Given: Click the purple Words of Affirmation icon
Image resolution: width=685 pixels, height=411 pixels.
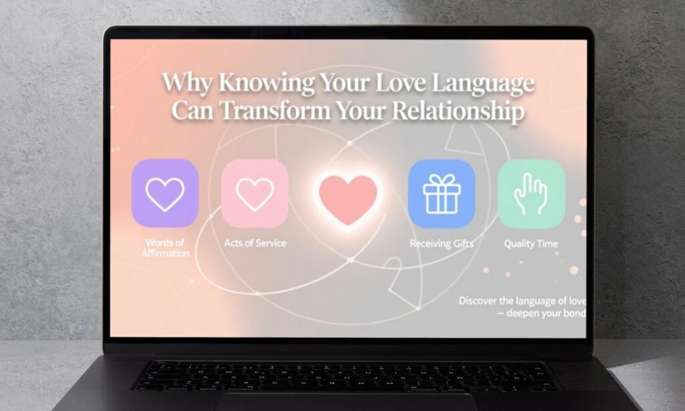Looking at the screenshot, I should pyautogui.click(x=165, y=193).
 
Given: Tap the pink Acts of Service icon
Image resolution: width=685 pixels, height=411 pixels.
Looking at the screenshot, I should pyautogui.click(x=255, y=193).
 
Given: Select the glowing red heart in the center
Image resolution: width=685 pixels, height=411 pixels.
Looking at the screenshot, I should pyautogui.click(x=347, y=197).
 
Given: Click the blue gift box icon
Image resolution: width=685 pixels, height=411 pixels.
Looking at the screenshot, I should pyautogui.click(x=441, y=193).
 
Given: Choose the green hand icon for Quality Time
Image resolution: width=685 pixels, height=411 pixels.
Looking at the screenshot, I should pyautogui.click(x=531, y=193).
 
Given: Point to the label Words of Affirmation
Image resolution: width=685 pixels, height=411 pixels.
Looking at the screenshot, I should pyautogui.click(x=165, y=248).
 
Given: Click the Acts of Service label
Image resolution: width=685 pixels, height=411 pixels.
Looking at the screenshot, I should pyautogui.click(x=255, y=243).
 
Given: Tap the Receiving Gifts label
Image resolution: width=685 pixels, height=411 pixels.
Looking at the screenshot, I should pyautogui.click(x=441, y=244).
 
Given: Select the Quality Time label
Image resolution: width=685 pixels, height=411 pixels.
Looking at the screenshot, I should pyautogui.click(x=530, y=244).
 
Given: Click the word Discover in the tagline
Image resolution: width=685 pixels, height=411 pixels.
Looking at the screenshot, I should pyautogui.click(x=481, y=301).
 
